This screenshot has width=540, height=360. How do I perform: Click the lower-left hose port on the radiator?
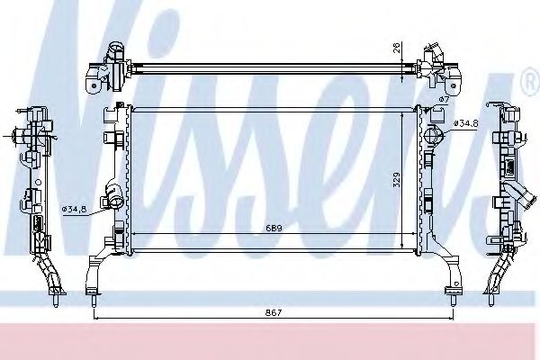tap(114, 193)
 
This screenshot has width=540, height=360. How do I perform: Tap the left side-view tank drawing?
tap(36, 198)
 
